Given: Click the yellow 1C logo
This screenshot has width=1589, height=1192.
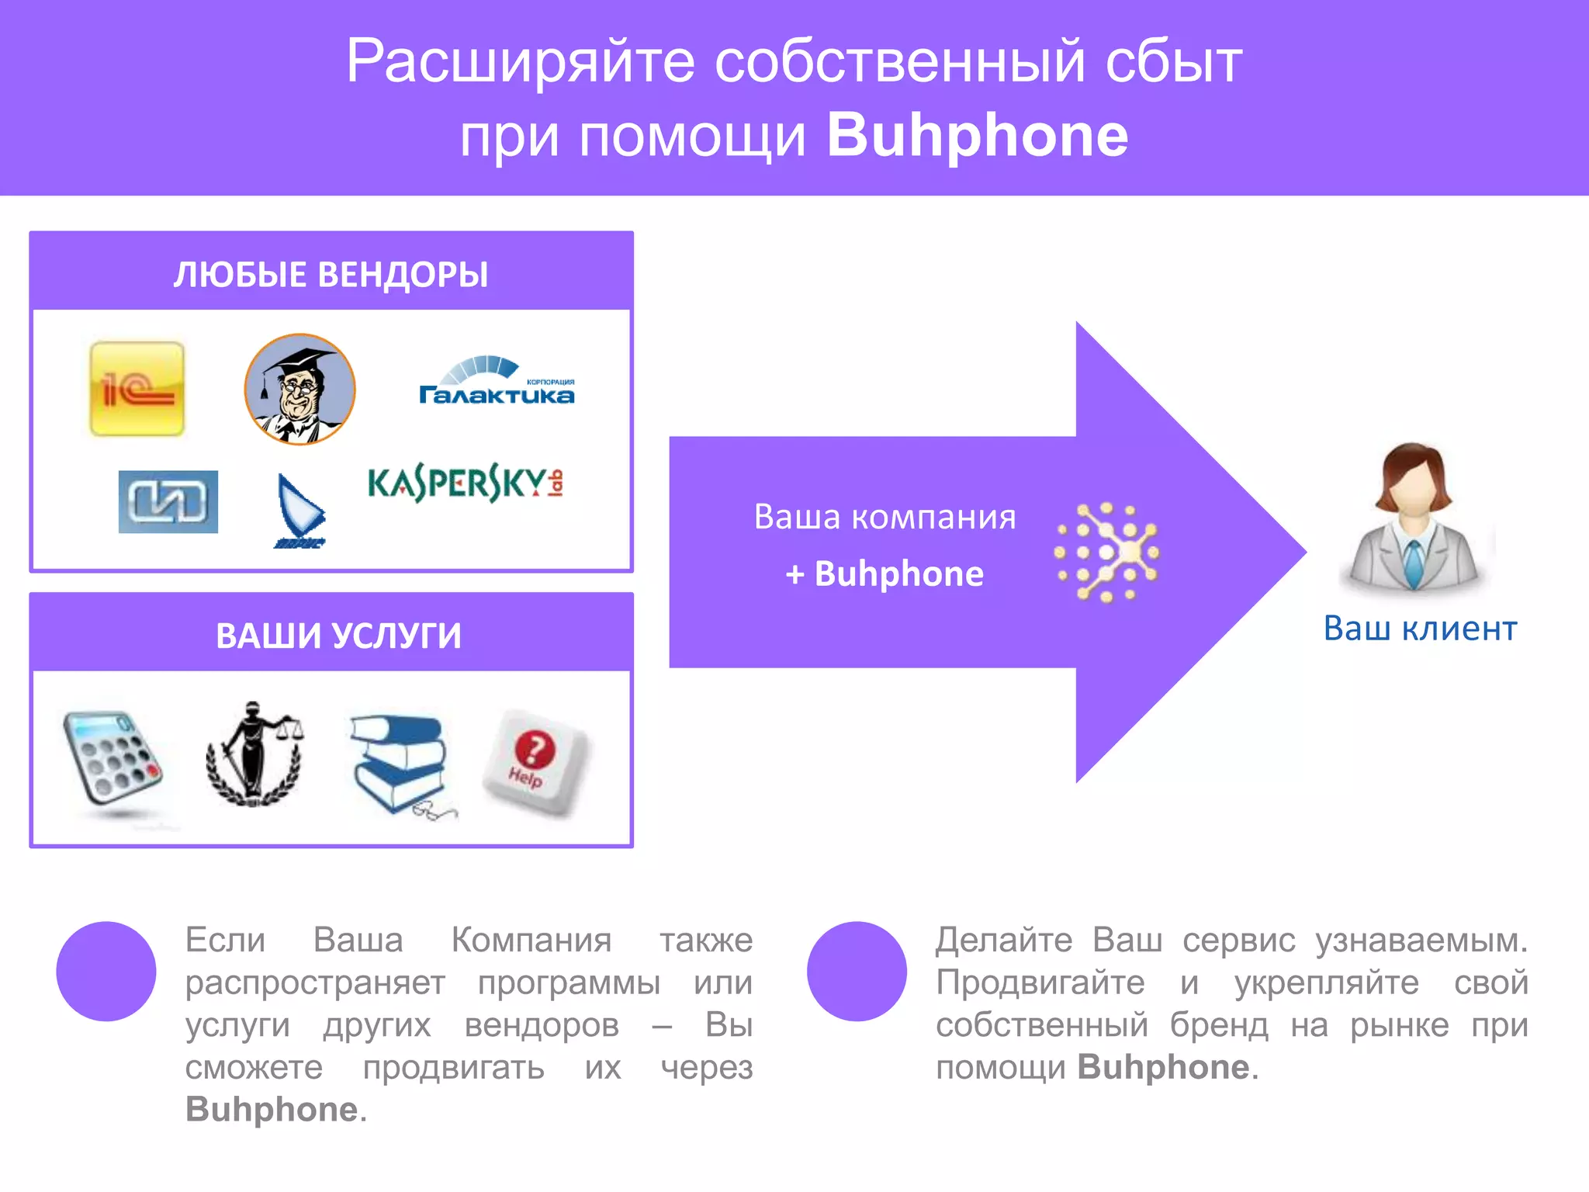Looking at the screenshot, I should [137, 389].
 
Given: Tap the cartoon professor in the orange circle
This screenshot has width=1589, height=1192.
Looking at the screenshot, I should [299, 389].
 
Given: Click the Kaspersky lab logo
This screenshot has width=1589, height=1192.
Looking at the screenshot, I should [466, 484].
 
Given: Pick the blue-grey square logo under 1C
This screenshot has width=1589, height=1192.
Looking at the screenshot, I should [168, 501].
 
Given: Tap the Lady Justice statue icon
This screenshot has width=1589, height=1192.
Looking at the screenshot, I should [254, 752].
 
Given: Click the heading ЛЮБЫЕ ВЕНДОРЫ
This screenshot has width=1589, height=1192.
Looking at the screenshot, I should [331, 275].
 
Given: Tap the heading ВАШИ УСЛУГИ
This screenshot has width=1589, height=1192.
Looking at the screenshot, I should [338, 636].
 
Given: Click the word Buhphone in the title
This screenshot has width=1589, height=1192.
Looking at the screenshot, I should [978, 136].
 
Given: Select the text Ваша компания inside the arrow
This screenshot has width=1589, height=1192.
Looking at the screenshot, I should [885, 517].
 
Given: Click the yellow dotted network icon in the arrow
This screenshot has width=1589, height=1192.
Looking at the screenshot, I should [1106, 552].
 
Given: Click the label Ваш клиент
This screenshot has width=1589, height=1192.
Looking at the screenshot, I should [1420, 629].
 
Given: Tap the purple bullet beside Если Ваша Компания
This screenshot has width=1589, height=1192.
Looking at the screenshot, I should [106, 971].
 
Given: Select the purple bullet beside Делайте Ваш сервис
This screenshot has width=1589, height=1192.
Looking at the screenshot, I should [857, 971].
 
